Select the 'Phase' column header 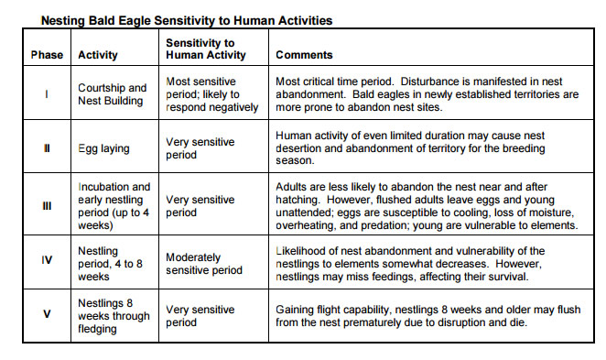46,55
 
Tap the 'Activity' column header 98,55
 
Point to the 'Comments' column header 305,55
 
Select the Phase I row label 46,94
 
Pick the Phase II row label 46,147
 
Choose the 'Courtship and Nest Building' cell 113,94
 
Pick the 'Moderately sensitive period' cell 204,264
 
